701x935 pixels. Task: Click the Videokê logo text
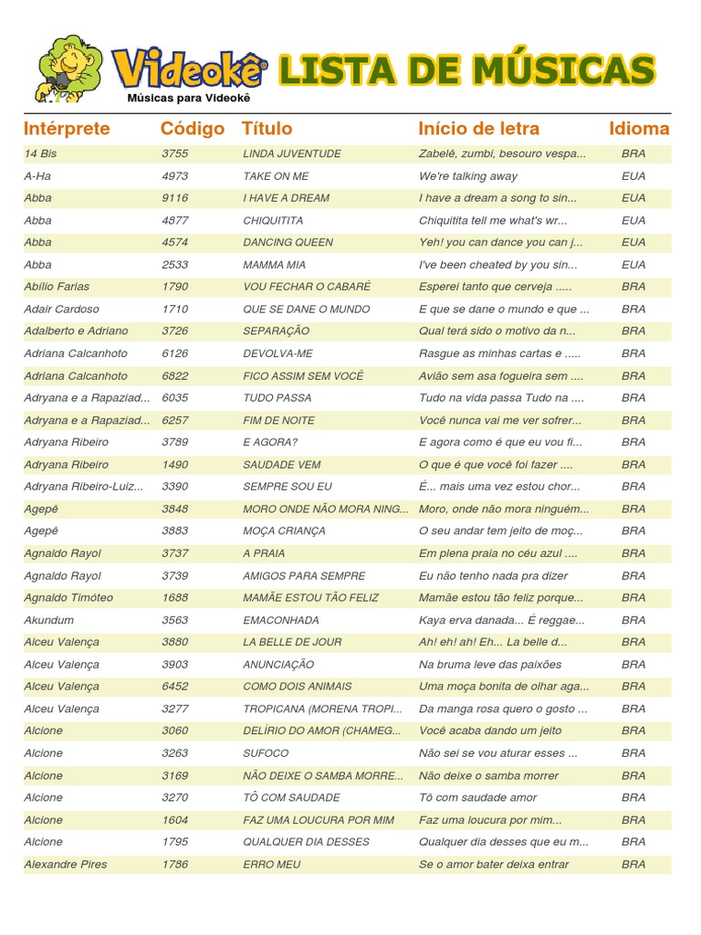pyautogui.click(x=190, y=69)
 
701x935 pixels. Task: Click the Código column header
pyautogui.click(x=192, y=129)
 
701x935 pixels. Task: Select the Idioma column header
pyautogui.click(x=639, y=129)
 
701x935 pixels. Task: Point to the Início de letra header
pyautogui.click(x=478, y=129)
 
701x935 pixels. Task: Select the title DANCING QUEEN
pyautogui.click(x=288, y=243)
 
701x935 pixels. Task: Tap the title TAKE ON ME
pyautogui.click(x=276, y=176)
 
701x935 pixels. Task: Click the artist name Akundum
pyautogui.click(x=49, y=620)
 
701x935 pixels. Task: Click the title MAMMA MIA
pyautogui.click(x=274, y=265)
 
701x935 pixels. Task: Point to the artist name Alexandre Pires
pyautogui.click(x=65, y=864)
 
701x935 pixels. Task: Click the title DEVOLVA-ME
pyautogui.click(x=277, y=353)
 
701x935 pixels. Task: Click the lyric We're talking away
pyautogui.click(x=467, y=176)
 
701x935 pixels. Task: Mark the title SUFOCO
pyautogui.click(x=266, y=753)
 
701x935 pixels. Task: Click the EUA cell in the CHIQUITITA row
pyautogui.click(x=633, y=220)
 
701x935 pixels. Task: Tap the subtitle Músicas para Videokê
pyautogui.click(x=189, y=98)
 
